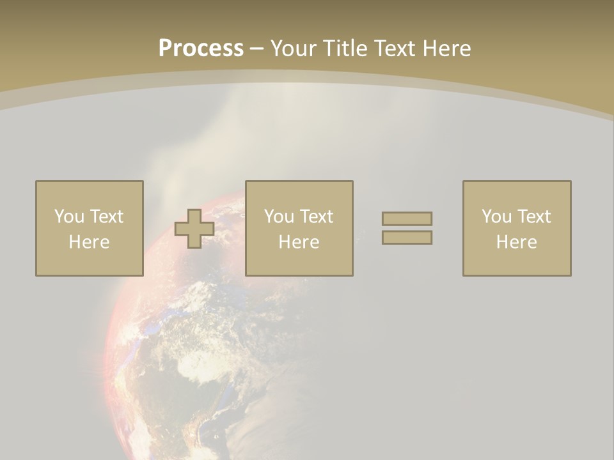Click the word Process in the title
pos(201,49)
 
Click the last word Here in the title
pos(446,49)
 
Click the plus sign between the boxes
pos(194,229)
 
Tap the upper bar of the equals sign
pos(407,218)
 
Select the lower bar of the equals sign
pos(407,237)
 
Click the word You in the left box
pos(69,217)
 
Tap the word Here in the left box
pos(89,242)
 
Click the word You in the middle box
pos(279,217)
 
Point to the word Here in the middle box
pos(299,242)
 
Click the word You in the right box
pos(496,217)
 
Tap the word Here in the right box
pos(516,242)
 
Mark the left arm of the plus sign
pos(182,229)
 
